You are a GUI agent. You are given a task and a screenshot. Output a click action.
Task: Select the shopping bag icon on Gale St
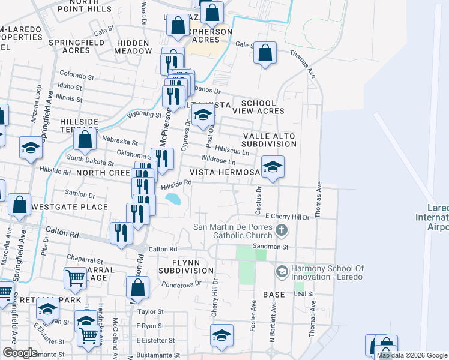pos(265,53)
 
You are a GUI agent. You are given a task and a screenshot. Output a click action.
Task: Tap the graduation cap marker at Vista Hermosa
pos(273,167)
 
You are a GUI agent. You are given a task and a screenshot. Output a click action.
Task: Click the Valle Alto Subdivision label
pos(269,140)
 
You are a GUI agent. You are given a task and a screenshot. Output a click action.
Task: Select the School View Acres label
pos(258,107)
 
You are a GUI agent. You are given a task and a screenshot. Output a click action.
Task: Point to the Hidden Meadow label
pos(134,47)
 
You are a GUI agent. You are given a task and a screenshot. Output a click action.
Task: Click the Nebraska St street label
pos(120,143)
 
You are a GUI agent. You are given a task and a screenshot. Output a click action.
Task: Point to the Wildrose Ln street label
pos(218,161)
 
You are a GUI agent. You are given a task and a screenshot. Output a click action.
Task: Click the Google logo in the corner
pos(20,353)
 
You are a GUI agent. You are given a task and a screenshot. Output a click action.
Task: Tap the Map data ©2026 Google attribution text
pos(412,356)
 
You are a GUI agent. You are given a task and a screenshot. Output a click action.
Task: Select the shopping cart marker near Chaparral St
pos(74,278)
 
